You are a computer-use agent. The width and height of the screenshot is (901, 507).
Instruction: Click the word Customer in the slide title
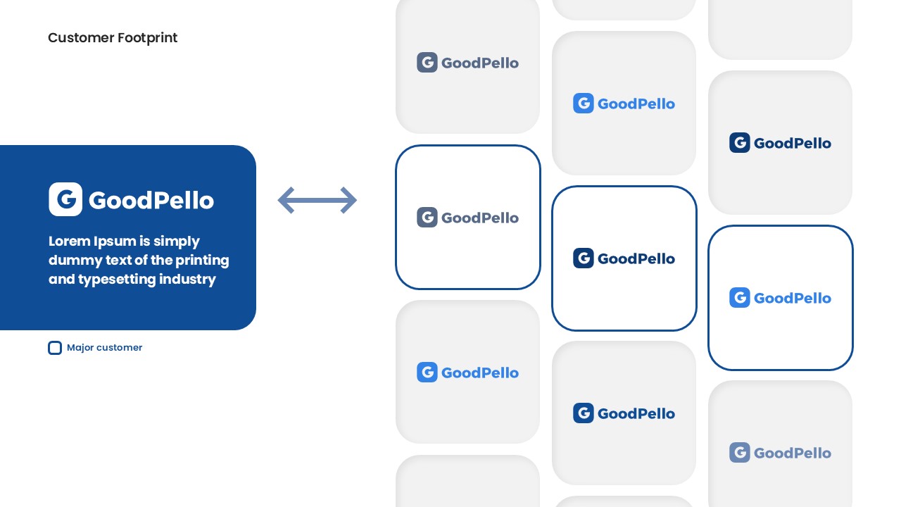pos(81,38)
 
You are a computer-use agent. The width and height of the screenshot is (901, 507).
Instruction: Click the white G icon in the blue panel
pos(65,199)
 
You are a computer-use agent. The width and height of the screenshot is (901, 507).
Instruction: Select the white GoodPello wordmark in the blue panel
pos(151,200)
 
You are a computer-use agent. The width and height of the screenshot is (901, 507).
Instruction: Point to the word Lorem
pos(69,241)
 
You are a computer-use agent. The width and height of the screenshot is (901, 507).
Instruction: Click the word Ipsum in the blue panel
pos(115,242)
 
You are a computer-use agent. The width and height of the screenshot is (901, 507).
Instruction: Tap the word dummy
pos(75,261)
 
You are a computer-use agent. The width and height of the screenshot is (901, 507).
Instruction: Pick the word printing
pos(202,261)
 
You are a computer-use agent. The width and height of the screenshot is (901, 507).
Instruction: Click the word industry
pos(187,280)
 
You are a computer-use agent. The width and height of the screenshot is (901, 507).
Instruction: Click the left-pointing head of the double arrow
pos(286,200)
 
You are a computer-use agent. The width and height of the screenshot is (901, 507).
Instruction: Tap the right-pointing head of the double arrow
pos(348,200)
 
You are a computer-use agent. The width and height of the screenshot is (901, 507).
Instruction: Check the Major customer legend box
pos(55,348)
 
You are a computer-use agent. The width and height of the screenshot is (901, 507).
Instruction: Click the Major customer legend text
pos(105,347)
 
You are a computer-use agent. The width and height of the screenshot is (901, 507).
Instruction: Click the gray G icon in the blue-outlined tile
pos(427,218)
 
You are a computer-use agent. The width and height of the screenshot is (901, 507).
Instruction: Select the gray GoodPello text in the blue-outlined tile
pos(480,218)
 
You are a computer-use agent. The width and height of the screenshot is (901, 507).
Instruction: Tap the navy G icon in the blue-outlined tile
pos(584,258)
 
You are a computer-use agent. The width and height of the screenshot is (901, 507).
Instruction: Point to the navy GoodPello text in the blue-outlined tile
pos(636,258)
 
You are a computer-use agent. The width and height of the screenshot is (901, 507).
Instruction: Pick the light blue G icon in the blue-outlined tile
pos(740,297)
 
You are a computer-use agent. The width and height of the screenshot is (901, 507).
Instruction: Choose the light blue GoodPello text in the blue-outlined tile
pos(793,298)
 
